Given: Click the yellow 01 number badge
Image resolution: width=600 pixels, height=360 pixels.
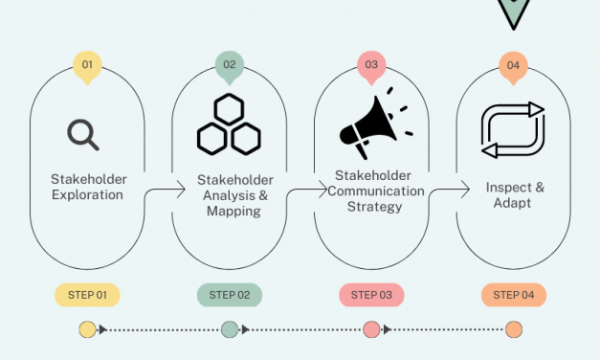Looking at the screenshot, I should pos(87,65).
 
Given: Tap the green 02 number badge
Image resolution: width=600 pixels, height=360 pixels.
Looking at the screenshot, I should pos(230,65).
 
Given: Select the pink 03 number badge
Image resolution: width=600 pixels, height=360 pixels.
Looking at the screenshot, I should pos(371,65).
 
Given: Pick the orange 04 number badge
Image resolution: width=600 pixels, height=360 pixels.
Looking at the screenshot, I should pos(514,65).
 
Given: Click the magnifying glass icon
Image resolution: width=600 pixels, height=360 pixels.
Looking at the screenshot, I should pos(83,134).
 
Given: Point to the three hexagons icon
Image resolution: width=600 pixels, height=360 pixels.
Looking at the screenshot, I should pos(229,125).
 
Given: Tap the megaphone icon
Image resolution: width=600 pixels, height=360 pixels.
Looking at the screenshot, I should pos(372,124).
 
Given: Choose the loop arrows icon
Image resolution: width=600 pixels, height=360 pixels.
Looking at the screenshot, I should pos(513,129).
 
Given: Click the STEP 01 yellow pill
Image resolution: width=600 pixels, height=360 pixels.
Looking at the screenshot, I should pos(87,295).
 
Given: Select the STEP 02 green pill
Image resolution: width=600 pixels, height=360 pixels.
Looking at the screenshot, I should pos(230,295).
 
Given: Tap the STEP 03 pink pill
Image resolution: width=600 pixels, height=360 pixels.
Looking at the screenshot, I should pos(371,295).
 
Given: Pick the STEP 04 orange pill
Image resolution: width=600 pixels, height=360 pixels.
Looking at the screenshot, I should pos(514,295).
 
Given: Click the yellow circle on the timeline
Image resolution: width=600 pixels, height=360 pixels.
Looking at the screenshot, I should pos(87,330).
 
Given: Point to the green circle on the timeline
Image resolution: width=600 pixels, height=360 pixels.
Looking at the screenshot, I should pos(230,330).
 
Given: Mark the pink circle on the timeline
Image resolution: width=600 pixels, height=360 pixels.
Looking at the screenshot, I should pos(371,330).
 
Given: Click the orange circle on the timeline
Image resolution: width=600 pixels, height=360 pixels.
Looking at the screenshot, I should pos(514,330).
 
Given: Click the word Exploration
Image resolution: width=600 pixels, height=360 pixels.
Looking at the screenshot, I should pos(87,195).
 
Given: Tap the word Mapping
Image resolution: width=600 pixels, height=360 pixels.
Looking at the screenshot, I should pos(233,211).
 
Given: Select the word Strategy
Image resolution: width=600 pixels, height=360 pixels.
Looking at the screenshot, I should pos(375,206).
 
